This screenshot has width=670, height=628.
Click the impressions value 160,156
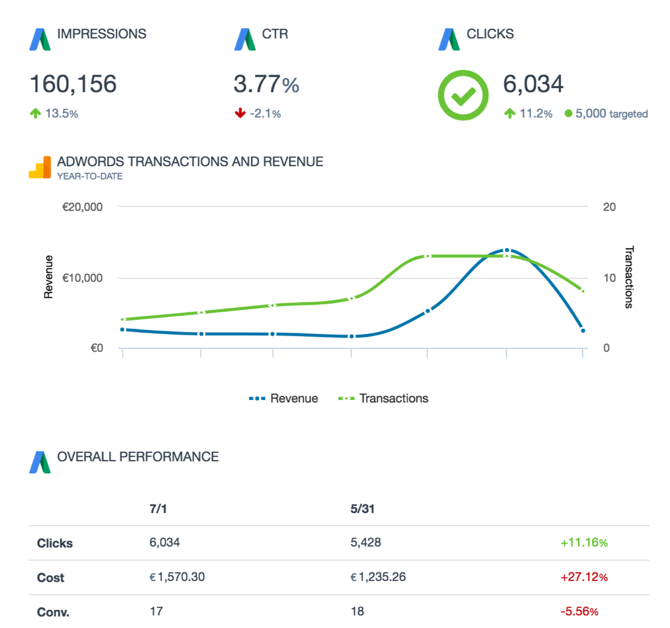point(73,84)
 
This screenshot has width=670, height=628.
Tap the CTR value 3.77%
point(266,85)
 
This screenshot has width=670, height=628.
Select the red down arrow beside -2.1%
point(240,114)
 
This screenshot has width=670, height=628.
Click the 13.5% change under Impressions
point(61,114)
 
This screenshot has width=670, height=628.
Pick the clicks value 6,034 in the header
point(533,84)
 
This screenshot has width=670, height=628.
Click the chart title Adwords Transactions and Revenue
point(190,162)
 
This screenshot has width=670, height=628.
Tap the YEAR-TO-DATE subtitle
point(89,177)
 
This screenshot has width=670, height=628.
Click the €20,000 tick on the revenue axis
point(82,207)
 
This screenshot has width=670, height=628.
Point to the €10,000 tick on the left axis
point(82,278)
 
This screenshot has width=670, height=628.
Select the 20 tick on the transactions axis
point(609,207)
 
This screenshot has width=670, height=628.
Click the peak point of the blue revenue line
point(507,250)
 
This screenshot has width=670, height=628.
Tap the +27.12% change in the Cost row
point(583,578)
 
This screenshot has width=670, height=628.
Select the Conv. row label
point(53,612)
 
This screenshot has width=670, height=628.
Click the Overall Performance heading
point(138,457)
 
